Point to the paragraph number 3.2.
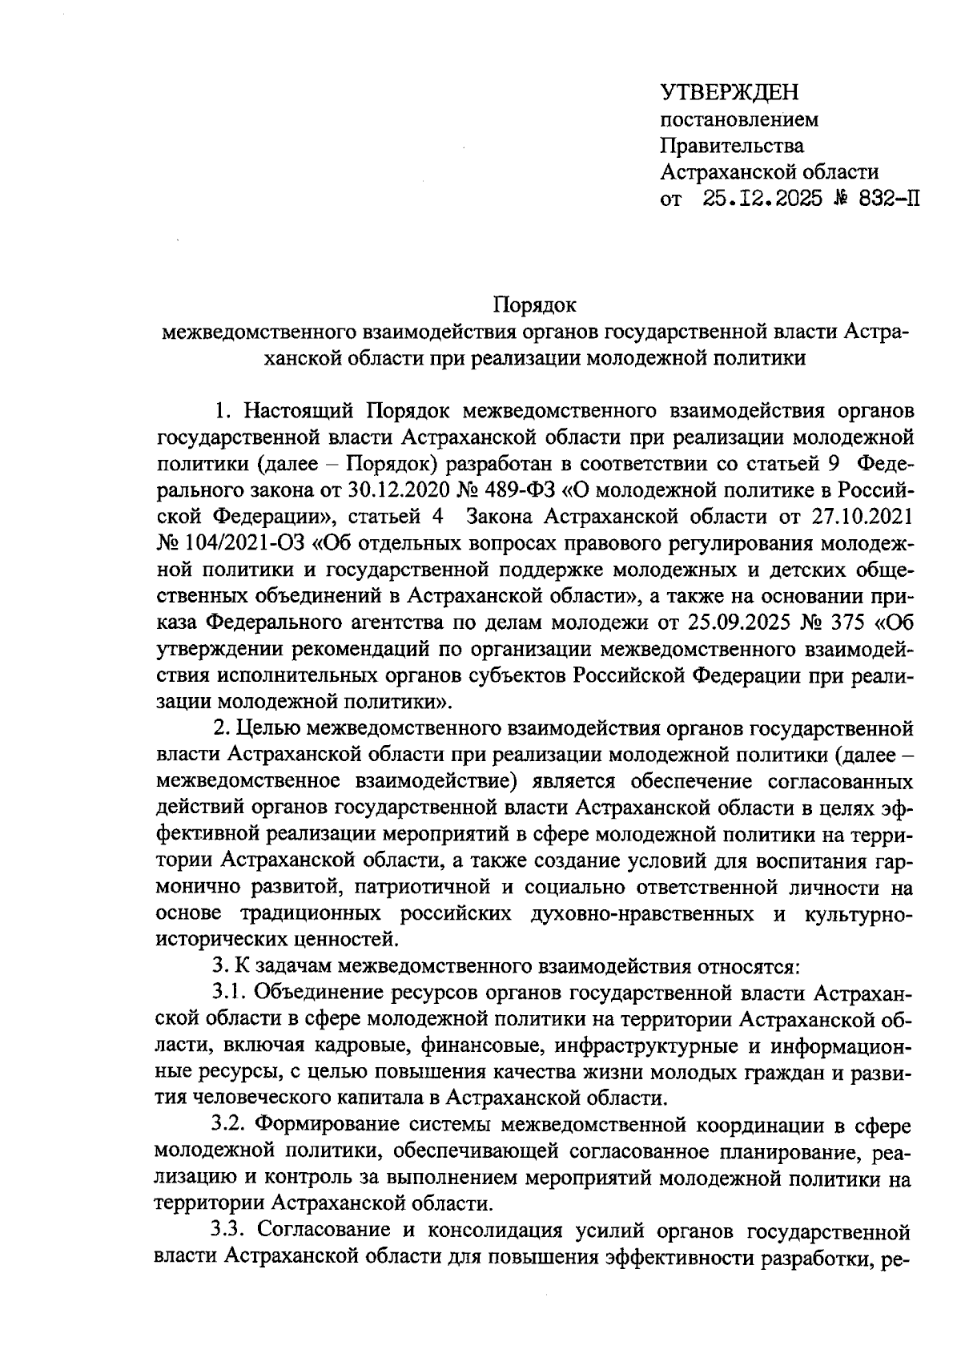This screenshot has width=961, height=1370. click(x=231, y=1126)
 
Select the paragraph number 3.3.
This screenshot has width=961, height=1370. click(x=231, y=1231)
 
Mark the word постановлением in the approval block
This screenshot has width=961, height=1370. click(x=739, y=120)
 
